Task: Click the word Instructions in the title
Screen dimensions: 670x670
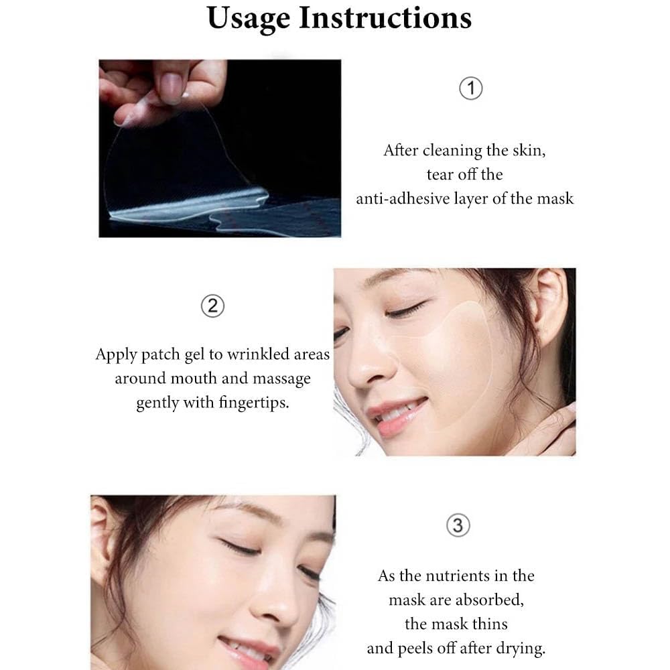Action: click(x=385, y=18)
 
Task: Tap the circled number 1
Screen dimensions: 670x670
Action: click(x=472, y=88)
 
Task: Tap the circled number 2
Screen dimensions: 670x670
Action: click(x=212, y=307)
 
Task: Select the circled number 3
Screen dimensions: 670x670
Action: click(x=458, y=525)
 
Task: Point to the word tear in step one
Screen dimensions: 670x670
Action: click(x=440, y=174)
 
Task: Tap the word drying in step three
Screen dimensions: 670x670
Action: click(x=521, y=648)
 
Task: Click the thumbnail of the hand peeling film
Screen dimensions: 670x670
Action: click(x=220, y=148)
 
